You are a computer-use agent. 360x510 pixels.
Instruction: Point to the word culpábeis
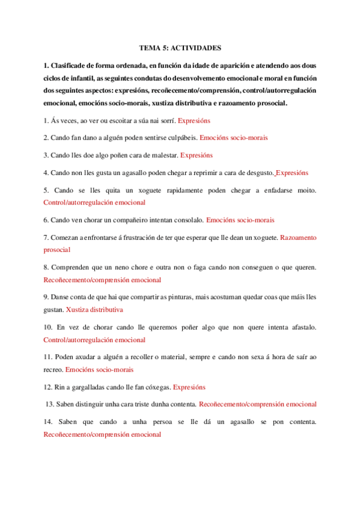[181, 138]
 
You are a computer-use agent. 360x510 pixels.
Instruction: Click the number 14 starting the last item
[47, 422]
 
